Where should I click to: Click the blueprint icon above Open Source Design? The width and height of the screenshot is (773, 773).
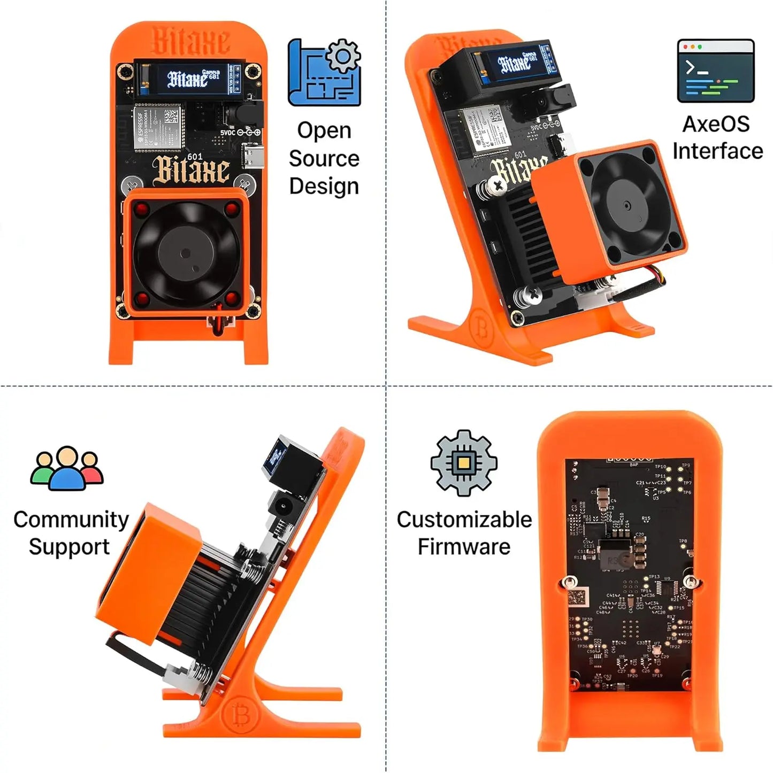click(324, 72)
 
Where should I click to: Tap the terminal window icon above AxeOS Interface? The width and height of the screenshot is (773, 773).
click(716, 71)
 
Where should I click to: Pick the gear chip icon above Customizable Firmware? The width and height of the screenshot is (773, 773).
click(464, 462)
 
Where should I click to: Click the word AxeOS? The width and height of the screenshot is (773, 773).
click(716, 124)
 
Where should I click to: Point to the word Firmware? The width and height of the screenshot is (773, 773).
click(464, 547)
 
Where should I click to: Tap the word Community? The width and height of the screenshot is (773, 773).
click(71, 519)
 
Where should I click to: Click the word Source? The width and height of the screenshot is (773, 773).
click(324, 158)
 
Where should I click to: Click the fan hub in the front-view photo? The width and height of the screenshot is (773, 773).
click(185, 253)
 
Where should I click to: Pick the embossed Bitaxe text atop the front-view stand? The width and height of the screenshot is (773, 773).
click(190, 40)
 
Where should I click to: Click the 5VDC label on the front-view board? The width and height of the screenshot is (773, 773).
click(227, 132)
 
